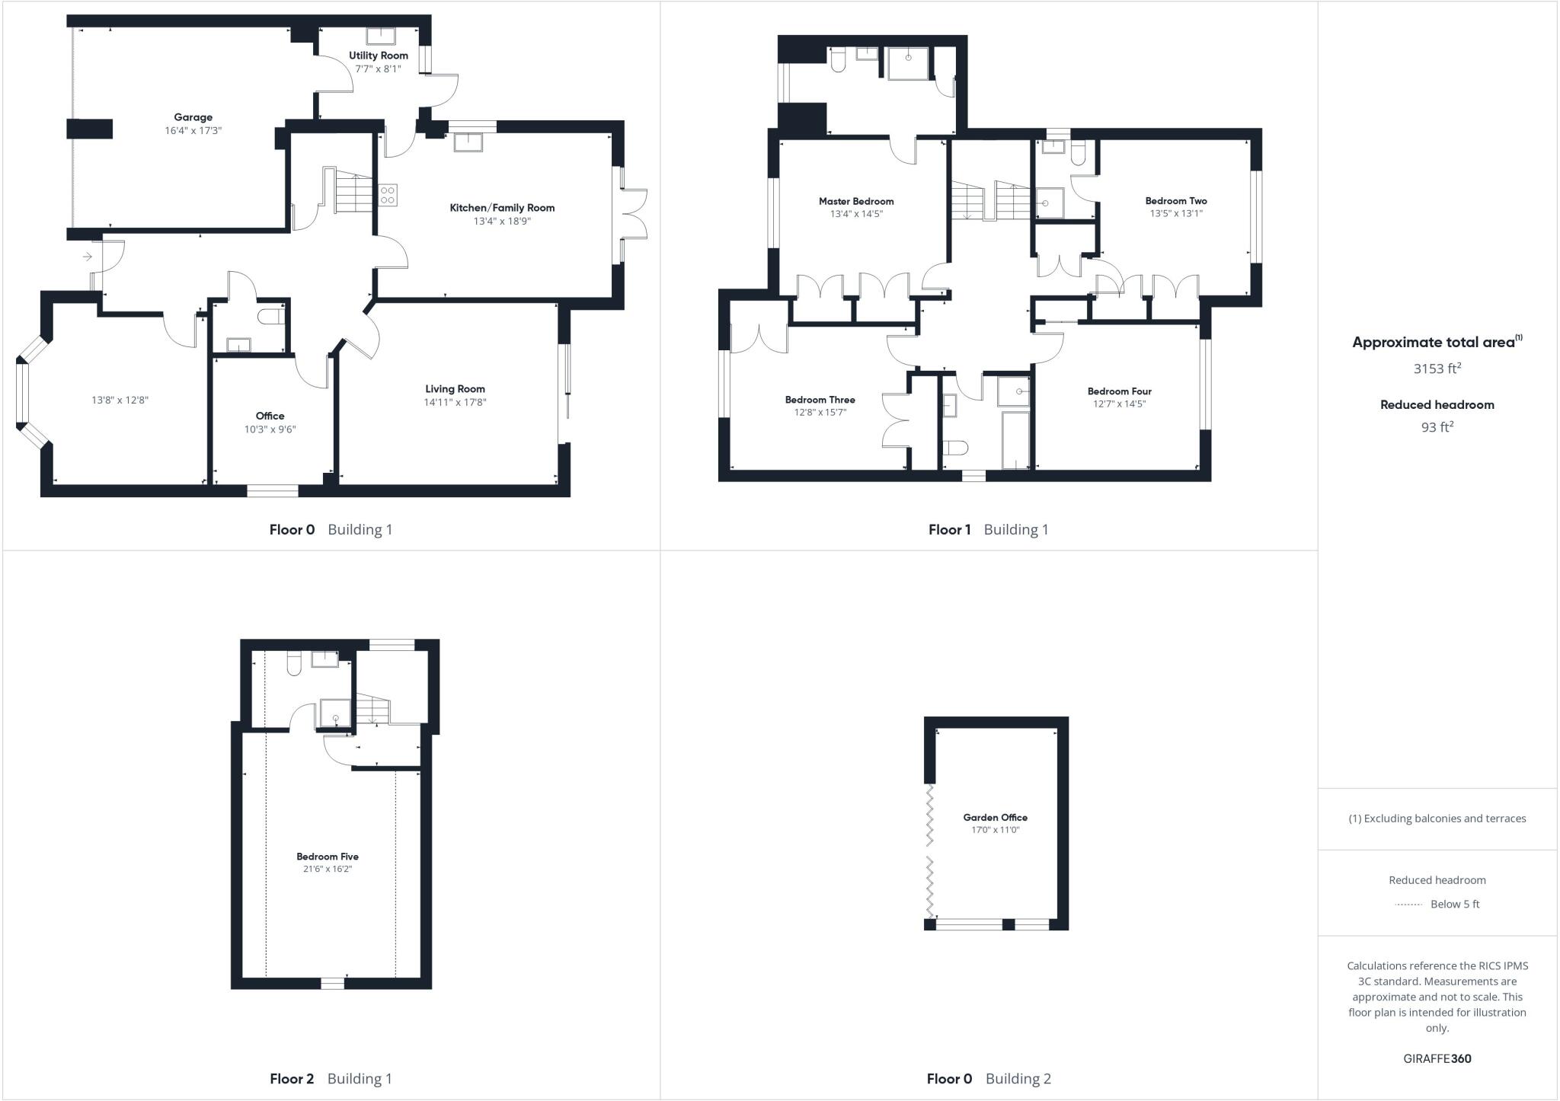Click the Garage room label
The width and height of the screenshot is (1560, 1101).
coord(193,117)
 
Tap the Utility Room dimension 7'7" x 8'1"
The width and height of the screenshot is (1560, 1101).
coord(378,69)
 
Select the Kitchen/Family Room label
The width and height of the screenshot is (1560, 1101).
coord(502,208)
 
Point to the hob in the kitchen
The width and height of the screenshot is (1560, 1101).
coord(387,194)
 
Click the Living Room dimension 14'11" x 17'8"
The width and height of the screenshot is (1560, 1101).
coord(455,402)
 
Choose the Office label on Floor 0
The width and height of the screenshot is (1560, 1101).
coord(270,416)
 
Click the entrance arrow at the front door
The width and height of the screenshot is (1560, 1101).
coord(88,257)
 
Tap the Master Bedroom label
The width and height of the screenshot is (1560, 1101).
coord(856,201)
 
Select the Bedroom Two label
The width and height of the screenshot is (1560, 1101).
coord(1175,201)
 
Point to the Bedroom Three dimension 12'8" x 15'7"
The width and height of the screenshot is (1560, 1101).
coord(820,413)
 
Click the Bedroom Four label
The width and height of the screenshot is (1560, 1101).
coord(1119,391)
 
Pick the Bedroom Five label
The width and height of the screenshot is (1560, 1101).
coord(328,857)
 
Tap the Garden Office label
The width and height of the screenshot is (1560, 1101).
coord(995,818)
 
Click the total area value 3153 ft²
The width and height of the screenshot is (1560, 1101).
coord(1437,369)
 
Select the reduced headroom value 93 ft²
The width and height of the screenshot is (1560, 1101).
coord(1437,427)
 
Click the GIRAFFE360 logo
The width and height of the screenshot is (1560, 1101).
coord(1437,1058)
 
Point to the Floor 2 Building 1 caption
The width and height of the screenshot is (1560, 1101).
coord(331,1078)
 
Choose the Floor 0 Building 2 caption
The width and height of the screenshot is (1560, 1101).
coord(988,1078)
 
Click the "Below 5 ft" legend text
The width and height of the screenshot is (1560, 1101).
coord(1455,905)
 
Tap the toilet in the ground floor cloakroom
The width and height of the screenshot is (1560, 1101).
coord(270,317)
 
